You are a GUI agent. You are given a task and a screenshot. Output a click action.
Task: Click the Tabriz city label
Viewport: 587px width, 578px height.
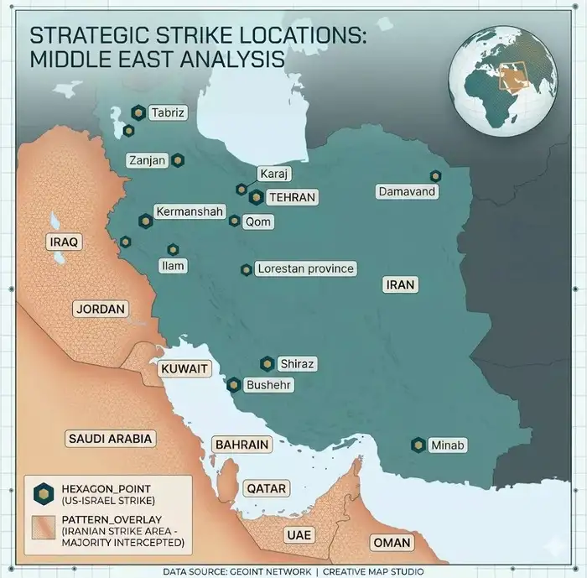point(168,112)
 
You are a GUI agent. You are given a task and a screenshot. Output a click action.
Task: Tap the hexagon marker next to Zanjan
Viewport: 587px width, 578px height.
point(178,159)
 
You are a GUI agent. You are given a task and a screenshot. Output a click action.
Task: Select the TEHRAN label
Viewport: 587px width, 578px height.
point(292,197)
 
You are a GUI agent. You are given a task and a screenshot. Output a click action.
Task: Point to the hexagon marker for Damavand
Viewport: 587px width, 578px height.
point(435,176)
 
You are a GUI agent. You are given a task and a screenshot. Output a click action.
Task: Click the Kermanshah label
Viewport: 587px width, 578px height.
point(189,212)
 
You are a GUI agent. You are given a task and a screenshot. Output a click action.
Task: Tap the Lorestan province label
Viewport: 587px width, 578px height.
point(305,269)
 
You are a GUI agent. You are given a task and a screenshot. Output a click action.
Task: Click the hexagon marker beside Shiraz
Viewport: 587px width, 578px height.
point(267,364)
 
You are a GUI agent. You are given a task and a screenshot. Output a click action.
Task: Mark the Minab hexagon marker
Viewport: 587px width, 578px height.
point(418,445)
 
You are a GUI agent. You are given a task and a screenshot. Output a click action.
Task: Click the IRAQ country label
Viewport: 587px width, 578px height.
point(64,242)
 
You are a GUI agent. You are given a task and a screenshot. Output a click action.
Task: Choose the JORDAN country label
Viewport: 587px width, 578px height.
point(100,309)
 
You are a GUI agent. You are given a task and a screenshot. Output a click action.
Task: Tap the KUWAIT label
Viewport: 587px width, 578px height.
point(184,369)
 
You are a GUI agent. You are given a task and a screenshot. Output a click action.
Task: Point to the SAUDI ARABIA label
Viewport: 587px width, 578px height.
point(110,438)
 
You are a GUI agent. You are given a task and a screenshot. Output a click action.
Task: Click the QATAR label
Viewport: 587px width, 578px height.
point(266,488)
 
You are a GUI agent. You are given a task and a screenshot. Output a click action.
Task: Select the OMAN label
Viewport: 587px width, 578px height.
point(392,542)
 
